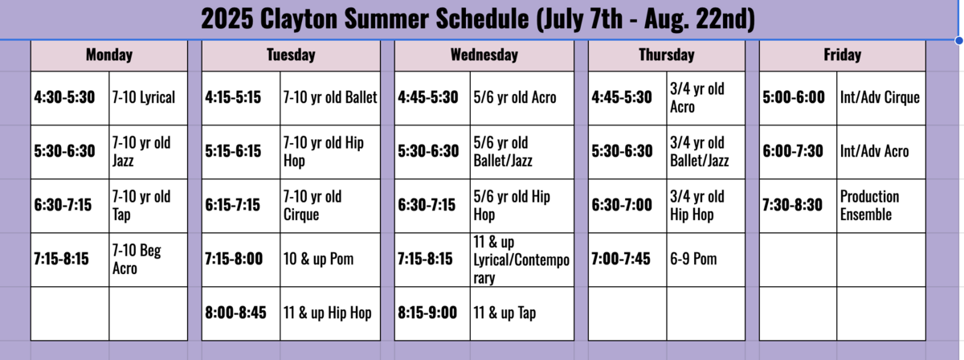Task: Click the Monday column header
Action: tap(109, 55)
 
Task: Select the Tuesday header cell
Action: tap(291, 55)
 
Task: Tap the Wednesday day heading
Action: tap(484, 55)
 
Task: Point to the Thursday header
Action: tap(667, 55)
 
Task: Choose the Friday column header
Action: tap(842, 55)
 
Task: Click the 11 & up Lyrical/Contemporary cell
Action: tap(521, 260)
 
